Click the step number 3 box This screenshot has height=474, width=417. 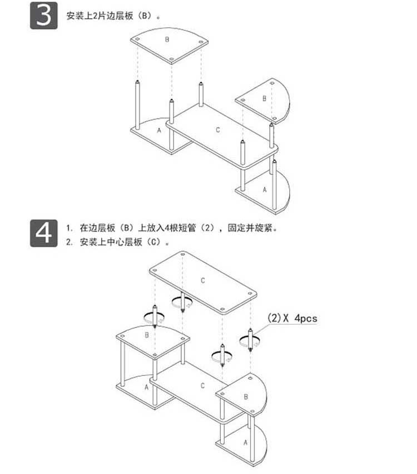[x=43, y=16]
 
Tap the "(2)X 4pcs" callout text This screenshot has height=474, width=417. [x=292, y=319]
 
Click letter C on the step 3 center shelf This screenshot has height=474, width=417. [x=218, y=129]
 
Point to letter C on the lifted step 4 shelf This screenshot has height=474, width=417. [x=203, y=281]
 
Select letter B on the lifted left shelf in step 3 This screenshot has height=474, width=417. [x=167, y=39]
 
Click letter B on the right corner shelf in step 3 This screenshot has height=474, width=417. [x=264, y=98]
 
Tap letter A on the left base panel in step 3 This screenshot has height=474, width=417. [x=159, y=130]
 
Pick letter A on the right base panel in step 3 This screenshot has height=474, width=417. [x=264, y=189]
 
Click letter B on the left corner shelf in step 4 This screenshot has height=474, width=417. [x=146, y=335]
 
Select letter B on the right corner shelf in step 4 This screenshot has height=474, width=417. [x=246, y=397]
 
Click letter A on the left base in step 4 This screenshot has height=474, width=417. [x=146, y=387]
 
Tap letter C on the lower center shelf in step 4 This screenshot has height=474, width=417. [x=202, y=385]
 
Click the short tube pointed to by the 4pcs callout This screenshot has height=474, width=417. [x=251, y=339]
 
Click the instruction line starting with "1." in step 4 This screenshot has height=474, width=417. [x=172, y=228]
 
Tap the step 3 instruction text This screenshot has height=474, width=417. [x=114, y=16]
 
